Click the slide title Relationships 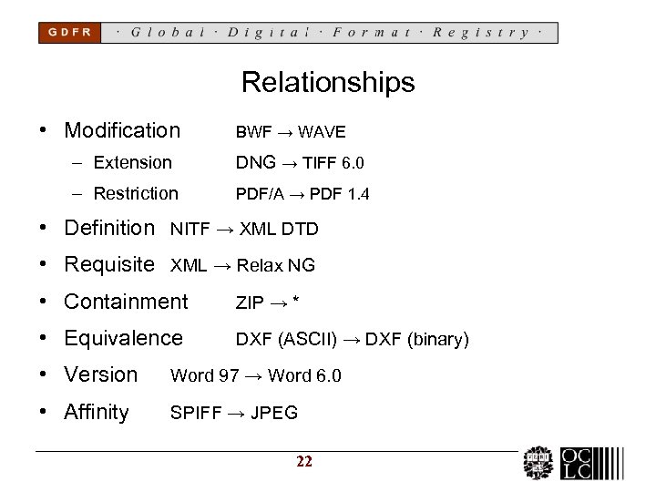click(x=328, y=83)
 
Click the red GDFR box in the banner click(x=69, y=32)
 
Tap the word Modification click(x=122, y=130)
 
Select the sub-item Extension click(x=132, y=163)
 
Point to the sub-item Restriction click(x=136, y=194)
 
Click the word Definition click(x=109, y=228)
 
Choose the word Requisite click(x=109, y=265)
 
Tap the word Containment click(x=126, y=302)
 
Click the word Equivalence click(x=123, y=338)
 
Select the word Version click(x=100, y=374)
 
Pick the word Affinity click(x=97, y=412)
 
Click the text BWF click(x=253, y=132)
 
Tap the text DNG click(x=255, y=163)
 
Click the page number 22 click(x=304, y=462)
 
